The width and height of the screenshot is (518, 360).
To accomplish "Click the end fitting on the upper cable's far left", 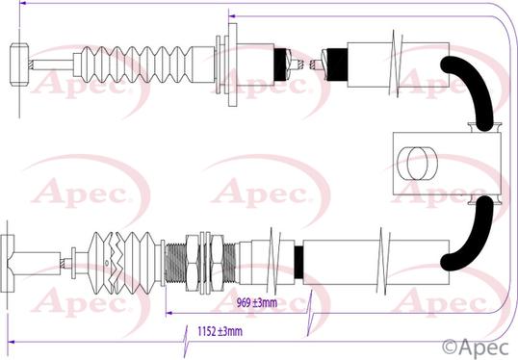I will click(16, 64).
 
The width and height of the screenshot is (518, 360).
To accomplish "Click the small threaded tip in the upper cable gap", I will click(314, 64).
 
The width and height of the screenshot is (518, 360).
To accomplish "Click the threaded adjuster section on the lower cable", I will click(176, 259).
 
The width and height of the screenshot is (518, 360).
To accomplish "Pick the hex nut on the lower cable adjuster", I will click(203, 259).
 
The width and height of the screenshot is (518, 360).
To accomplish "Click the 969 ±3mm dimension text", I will click(257, 303).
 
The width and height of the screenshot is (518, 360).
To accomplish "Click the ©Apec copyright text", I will click(478, 345).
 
